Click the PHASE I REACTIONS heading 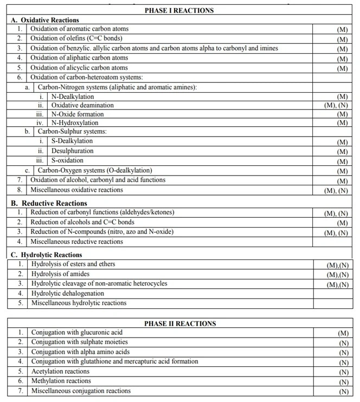pyautogui.click(x=179, y=10)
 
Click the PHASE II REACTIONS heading pyautogui.click(x=179, y=323)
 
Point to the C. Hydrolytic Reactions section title pyautogui.click(x=47, y=255)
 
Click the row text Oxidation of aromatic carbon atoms pyautogui.click(x=80, y=29)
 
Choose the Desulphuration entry pyautogui.click(x=72, y=151)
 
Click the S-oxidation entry pyautogui.click(x=67, y=161)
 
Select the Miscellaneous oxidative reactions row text pyautogui.click(x=76, y=190)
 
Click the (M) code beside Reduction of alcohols pyautogui.click(x=342, y=223)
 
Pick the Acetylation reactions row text pyautogui.click(x=60, y=372)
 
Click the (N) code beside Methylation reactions pyautogui.click(x=343, y=382)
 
